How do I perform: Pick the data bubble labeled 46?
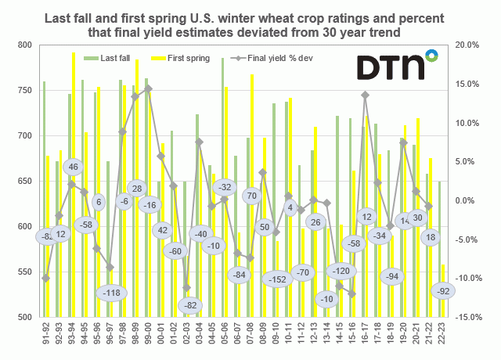[x=74, y=167]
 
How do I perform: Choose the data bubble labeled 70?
[x=251, y=196]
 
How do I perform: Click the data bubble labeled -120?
[x=341, y=272]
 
